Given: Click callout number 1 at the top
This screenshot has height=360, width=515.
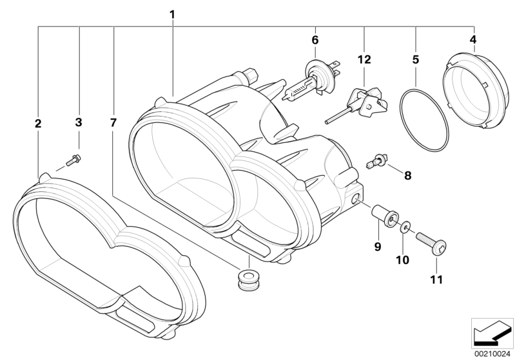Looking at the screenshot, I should (172, 14).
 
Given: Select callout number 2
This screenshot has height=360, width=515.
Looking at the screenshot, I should (38, 122).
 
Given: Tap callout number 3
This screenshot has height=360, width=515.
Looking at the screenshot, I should (79, 122).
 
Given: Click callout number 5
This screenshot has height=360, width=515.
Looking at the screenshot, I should (416, 59).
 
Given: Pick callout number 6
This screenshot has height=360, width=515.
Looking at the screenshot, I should (315, 40).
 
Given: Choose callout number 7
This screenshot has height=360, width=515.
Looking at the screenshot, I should (113, 122).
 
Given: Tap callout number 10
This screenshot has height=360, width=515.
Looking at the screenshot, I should (404, 260).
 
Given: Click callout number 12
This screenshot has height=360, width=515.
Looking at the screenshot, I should (365, 59).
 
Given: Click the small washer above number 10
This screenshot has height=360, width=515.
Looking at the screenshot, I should (405, 227).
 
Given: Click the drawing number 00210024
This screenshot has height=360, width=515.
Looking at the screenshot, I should (492, 352).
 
